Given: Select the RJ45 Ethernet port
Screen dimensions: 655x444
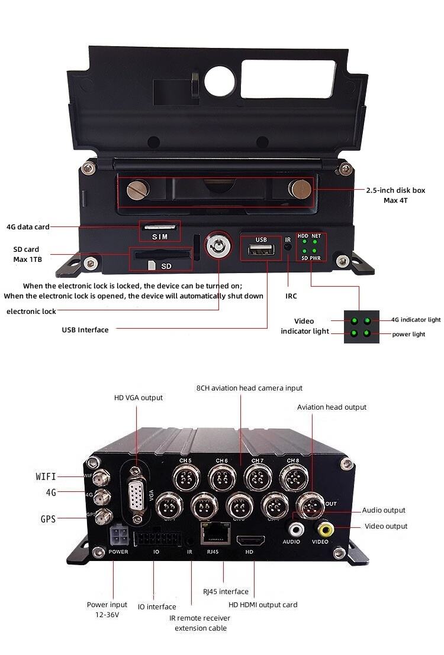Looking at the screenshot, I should tap(214, 534).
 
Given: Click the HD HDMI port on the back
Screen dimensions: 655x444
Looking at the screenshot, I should tap(249, 540).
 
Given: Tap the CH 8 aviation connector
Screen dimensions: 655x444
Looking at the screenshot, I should tap(292, 476).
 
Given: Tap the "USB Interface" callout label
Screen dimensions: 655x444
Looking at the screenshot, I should tap(85, 330).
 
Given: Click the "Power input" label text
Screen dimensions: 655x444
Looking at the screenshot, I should tap(107, 605).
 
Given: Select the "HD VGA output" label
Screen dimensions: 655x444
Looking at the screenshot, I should tap(139, 398).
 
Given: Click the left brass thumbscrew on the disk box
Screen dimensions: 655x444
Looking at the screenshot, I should tap(138, 190).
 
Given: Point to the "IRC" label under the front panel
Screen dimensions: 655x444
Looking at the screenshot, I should tap(291, 296).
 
